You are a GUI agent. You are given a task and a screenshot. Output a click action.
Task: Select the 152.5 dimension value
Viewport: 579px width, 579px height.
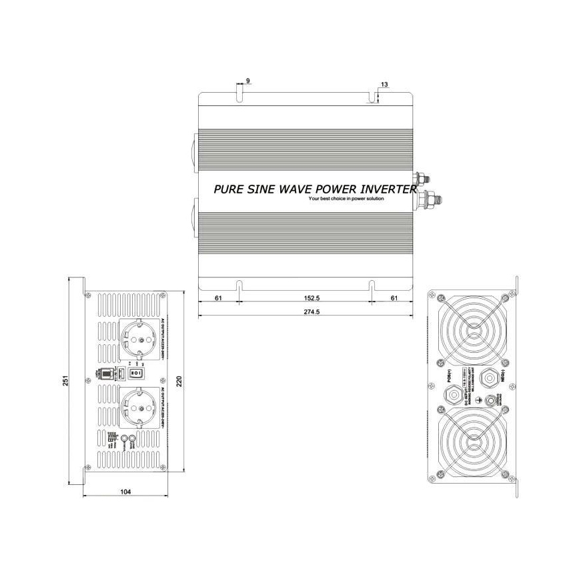(305, 298)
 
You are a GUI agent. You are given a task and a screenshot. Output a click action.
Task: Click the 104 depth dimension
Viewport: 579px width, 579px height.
(125, 492)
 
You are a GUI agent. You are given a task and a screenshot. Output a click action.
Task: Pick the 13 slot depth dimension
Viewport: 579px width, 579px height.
(384, 85)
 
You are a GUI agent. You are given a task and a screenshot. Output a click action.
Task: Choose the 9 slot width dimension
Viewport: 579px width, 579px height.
(248, 81)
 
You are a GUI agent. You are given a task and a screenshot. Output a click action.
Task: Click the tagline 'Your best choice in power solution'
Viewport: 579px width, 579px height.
(346, 199)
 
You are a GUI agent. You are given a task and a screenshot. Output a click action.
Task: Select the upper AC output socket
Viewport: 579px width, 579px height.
(140, 339)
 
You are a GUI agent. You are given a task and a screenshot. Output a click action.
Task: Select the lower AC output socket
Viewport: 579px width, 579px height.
(139, 408)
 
